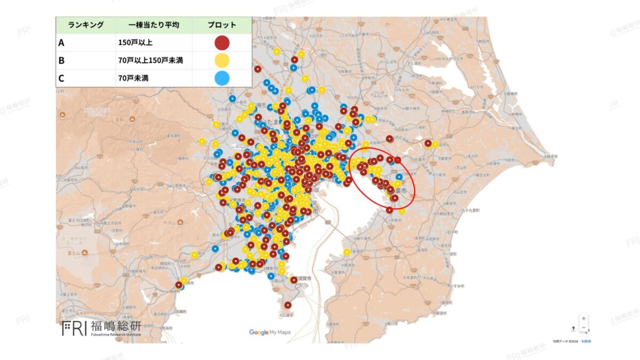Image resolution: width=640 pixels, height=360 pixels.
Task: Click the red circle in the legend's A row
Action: coord(222,43)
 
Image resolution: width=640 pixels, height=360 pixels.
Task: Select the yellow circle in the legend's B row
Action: coord(222,60)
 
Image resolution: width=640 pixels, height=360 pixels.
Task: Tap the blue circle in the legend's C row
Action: coord(222,78)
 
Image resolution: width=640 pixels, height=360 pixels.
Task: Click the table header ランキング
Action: coord(85,25)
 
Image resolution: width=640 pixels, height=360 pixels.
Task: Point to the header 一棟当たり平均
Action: coord(154,25)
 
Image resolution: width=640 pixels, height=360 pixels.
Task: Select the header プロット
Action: coord(222,25)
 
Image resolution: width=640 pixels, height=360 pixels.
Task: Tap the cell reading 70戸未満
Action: coord(133,78)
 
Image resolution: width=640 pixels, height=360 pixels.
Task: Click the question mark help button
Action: coord(573,329)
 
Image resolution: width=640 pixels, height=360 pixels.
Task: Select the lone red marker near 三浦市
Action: coord(288,305)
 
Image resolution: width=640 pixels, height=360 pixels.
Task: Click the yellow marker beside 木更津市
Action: coord(347,252)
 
